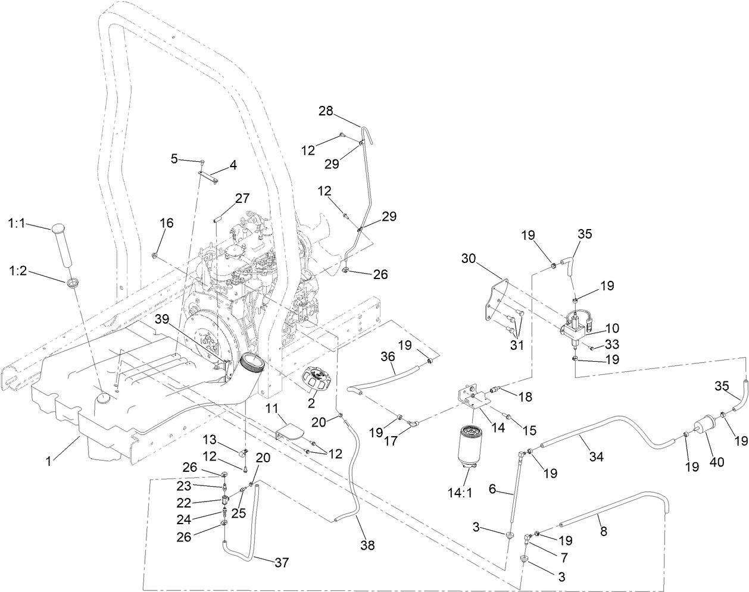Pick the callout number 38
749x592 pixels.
tap(368, 544)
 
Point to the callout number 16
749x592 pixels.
tap(167, 223)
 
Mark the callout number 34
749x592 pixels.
tap(596, 457)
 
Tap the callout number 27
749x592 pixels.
tap(243, 199)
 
